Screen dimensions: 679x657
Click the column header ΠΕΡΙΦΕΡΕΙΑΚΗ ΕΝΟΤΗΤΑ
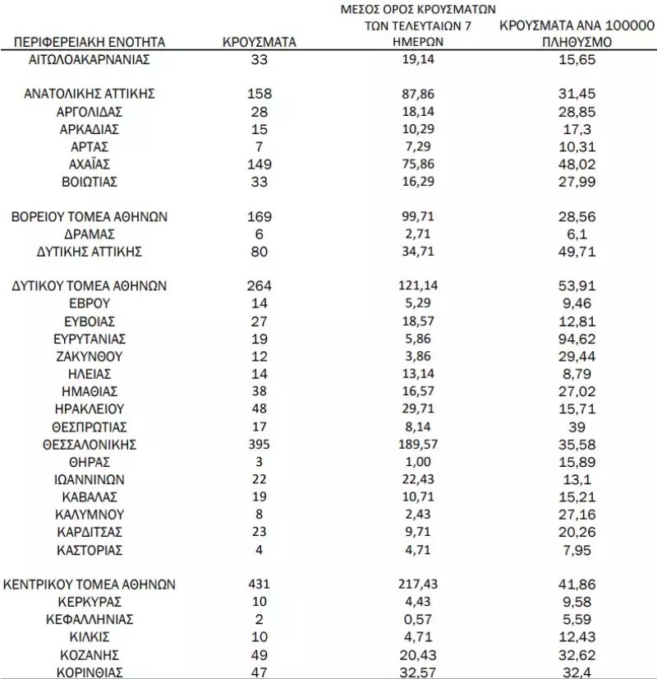point(90,42)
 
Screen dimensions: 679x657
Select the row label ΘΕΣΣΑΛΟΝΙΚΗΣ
point(90,445)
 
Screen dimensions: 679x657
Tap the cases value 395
point(260,445)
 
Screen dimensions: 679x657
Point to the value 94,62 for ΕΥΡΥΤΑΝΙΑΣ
point(575,339)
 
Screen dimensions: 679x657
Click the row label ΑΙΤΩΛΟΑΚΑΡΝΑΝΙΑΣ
point(90,59)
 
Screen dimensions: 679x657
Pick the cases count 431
point(260,584)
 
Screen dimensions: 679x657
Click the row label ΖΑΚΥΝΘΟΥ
point(90,357)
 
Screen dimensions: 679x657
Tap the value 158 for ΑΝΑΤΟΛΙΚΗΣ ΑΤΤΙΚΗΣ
point(260,94)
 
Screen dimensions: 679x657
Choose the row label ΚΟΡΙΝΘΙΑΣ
point(90,672)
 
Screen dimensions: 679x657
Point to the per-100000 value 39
point(575,427)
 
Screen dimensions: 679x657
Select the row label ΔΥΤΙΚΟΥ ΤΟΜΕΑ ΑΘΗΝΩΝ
point(90,286)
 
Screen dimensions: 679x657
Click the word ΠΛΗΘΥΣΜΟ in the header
point(575,43)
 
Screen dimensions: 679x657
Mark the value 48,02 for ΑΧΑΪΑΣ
point(575,164)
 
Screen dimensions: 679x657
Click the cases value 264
point(260,286)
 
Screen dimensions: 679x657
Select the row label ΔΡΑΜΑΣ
point(90,233)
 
